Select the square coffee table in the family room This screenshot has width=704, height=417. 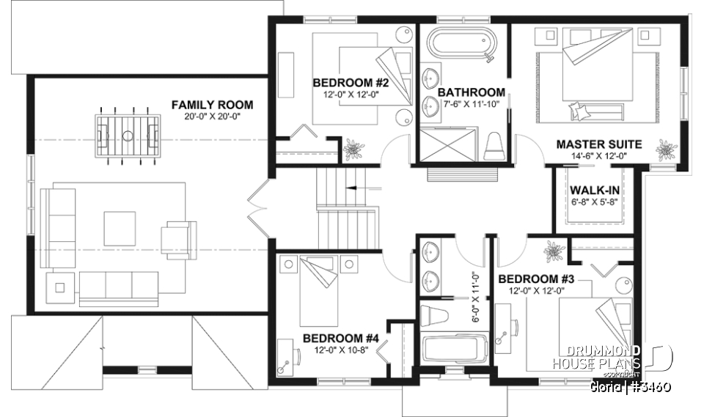(x=119, y=228)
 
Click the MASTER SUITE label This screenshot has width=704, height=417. (x=599, y=144)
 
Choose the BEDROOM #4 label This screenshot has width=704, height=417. (x=341, y=339)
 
